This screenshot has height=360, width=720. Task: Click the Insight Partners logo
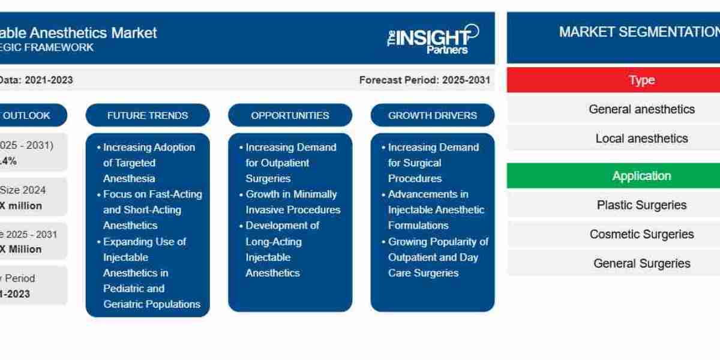point(433,39)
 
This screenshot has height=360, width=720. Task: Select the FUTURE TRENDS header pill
point(148,115)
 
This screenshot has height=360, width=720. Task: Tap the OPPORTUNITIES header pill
point(290,115)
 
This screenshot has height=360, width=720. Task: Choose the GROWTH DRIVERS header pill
point(432,115)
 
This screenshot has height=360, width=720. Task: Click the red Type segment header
point(641,80)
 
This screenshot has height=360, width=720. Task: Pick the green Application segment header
point(641,176)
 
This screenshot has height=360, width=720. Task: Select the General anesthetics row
point(641,109)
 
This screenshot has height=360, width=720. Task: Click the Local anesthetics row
point(641,139)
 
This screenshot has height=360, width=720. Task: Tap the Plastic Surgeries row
point(641,205)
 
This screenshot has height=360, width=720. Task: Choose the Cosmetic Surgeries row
point(641,234)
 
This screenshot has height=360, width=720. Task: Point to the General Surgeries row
point(641,263)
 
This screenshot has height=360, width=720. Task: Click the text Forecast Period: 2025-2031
point(424,80)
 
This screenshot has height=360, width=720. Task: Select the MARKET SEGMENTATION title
point(639,32)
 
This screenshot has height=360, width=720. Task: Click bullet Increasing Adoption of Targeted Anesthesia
point(149,163)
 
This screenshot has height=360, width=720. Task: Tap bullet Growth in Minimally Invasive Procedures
point(292,202)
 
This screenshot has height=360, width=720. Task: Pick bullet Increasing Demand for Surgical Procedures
point(433,163)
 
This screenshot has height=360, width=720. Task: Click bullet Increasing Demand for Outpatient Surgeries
point(290,163)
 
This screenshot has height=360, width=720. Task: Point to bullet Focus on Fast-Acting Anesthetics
point(152,209)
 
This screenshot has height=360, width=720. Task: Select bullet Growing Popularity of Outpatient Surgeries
point(437,257)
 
